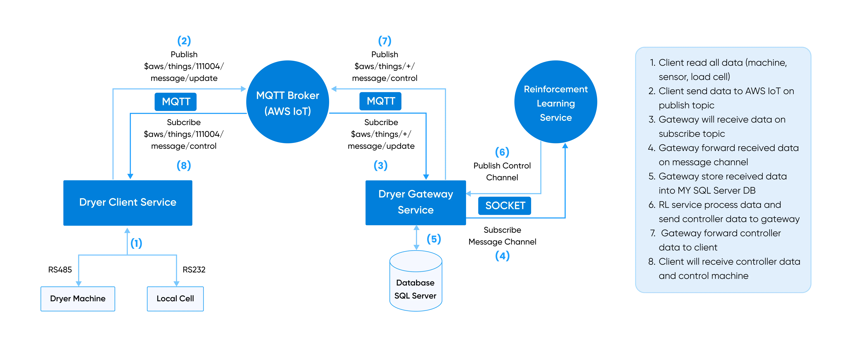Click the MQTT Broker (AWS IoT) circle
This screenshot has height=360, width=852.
tap(288, 102)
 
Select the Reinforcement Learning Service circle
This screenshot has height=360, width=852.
tap(556, 102)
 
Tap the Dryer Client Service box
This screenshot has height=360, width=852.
tap(128, 202)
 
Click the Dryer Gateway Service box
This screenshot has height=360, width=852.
tap(415, 202)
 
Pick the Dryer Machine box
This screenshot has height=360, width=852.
tap(78, 298)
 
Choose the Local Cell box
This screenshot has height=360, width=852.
tap(175, 298)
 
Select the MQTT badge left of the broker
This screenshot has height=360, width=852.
tap(176, 102)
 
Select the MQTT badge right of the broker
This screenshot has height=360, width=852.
tap(381, 101)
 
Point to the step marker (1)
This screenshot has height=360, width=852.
tap(136, 244)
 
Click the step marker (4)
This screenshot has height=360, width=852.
tap(502, 256)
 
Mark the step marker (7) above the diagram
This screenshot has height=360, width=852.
tap(385, 41)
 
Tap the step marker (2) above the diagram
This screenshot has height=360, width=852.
tap(184, 41)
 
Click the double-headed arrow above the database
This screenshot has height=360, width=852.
tap(417, 238)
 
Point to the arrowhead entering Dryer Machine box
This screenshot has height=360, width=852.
tap(78, 283)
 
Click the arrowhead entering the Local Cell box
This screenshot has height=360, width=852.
tap(176, 283)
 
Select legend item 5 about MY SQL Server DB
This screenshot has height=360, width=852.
tap(718, 183)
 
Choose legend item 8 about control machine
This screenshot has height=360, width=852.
tap(724, 269)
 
